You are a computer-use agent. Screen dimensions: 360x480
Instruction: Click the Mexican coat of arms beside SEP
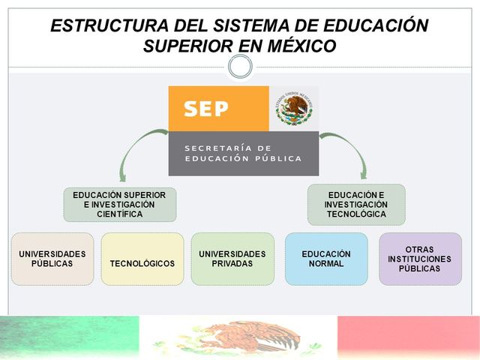click(294, 109)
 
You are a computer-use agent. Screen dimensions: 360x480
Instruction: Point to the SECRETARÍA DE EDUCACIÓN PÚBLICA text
click(243, 153)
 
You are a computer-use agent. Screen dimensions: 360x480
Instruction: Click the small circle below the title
click(240, 67)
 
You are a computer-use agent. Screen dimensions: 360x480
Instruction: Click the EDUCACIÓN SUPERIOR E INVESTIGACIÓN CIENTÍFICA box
click(120, 204)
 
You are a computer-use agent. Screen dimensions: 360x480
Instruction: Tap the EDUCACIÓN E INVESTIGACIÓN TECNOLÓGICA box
click(356, 204)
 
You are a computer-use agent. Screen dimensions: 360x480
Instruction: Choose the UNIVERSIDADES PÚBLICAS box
click(52, 259)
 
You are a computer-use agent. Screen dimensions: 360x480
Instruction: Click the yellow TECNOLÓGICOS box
click(142, 259)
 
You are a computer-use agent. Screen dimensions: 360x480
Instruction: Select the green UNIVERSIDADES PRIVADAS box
click(232, 259)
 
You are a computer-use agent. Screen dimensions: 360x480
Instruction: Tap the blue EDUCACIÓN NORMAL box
click(326, 259)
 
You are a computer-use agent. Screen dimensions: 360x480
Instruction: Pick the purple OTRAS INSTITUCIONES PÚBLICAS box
click(420, 259)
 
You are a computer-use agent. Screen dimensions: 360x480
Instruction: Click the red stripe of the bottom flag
click(409, 337)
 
